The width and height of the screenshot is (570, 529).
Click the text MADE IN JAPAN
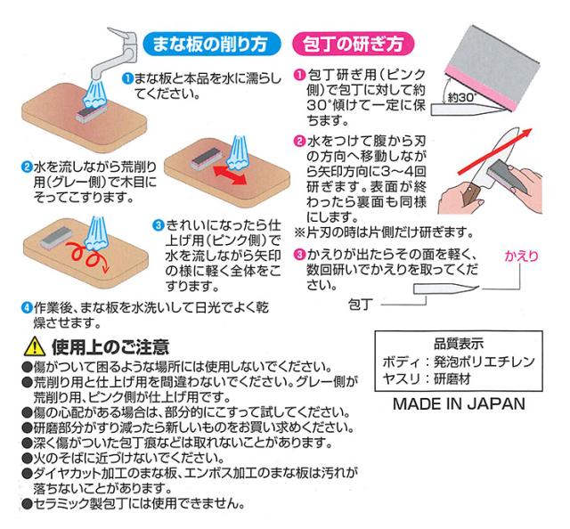pos(459,403)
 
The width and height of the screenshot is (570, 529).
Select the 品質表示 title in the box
pos(458,342)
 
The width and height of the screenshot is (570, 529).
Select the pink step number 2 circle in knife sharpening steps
pos(300,141)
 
